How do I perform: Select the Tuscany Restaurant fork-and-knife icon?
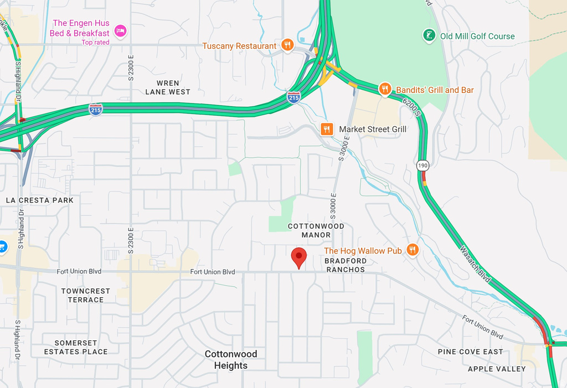[x=287, y=45]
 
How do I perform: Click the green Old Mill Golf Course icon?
[x=428, y=36]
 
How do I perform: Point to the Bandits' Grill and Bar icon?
[x=385, y=89]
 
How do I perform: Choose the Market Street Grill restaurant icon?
[x=327, y=129]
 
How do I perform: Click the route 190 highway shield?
[x=423, y=165]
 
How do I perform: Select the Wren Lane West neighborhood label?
[x=168, y=87]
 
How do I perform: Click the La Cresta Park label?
[x=39, y=200]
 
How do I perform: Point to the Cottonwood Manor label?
[x=316, y=230]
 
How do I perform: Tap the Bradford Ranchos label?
[x=345, y=265]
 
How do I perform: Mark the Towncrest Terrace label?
[x=86, y=295]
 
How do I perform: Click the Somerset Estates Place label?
[x=76, y=347]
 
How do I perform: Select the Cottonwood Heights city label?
[x=231, y=359]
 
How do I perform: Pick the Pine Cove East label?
[x=470, y=351]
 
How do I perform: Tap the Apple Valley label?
[x=497, y=369]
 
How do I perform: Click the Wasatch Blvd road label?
[x=475, y=265]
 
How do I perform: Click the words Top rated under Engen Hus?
[x=95, y=42]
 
